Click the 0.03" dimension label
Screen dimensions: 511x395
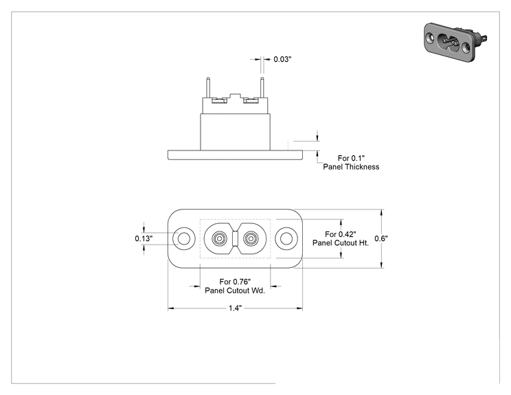click(282, 59)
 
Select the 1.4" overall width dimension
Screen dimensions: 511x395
click(235, 308)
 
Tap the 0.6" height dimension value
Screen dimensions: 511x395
click(381, 238)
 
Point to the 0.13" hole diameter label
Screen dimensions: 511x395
click(144, 238)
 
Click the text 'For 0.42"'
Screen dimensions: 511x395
click(341, 234)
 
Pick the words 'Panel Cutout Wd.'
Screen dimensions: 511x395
click(235, 291)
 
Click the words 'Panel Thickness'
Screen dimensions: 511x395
click(351, 167)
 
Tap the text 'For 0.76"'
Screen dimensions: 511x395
click(235, 282)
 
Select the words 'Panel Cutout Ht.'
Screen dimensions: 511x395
click(341, 243)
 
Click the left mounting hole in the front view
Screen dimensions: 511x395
click(184, 238)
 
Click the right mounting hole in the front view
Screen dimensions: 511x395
click(286, 238)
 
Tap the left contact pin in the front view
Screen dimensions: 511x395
click(219, 239)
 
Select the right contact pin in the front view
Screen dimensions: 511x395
click(250, 239)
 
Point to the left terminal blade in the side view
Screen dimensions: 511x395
click(208, 87)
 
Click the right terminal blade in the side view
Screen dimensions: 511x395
click(262, 87)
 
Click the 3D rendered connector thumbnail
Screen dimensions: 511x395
click(455, 42)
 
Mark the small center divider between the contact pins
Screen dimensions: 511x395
click(235, 239)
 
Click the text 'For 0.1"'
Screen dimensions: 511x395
click(351, 158)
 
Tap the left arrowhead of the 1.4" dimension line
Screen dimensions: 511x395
click(171, 308)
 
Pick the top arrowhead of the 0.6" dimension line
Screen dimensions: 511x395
click(382, 212)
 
